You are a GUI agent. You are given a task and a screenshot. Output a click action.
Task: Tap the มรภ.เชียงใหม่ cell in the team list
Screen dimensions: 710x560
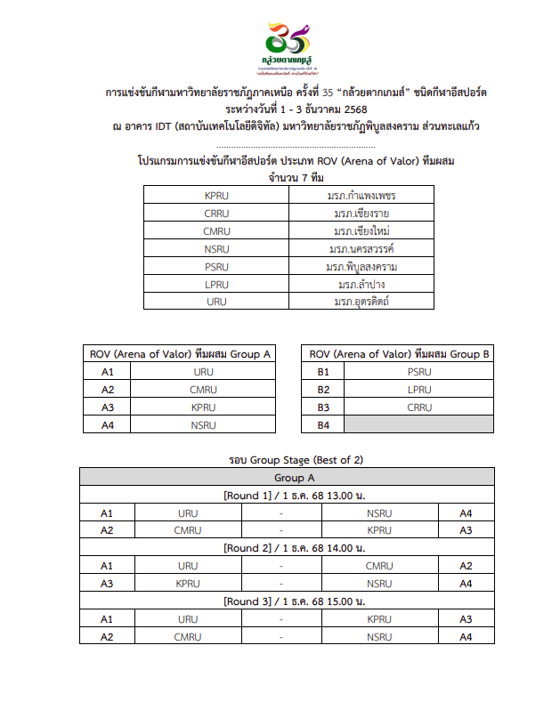click(361, 230)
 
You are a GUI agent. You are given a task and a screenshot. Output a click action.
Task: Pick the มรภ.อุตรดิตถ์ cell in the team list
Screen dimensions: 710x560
click(361, 302)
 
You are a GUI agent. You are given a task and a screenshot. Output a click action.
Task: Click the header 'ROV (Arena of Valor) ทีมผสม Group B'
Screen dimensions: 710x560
click(398, 353)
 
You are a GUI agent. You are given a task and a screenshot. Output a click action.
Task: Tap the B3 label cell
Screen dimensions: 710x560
click(324, 407)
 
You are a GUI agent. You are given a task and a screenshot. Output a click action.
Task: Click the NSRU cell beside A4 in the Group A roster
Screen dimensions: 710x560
click(203, 424)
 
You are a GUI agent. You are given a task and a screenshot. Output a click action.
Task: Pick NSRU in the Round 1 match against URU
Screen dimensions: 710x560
click(379, 512)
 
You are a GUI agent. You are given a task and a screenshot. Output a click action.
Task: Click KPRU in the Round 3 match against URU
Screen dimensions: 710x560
click(379, 619)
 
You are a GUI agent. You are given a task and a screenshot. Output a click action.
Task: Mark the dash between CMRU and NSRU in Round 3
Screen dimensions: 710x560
click(281, 637)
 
